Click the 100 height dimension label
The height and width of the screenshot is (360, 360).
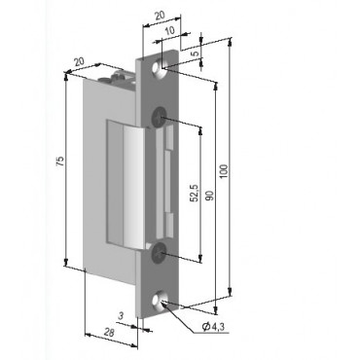225,171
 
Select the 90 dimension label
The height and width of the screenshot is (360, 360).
210,195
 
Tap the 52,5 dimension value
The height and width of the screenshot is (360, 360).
195,193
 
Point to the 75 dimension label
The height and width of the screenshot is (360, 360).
60,162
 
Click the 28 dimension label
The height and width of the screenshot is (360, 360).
109,332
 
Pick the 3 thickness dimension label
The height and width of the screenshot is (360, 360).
121,316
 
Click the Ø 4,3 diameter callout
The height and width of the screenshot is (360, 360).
213,326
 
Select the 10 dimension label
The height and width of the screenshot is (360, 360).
169,30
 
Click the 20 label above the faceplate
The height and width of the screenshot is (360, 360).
160,16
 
